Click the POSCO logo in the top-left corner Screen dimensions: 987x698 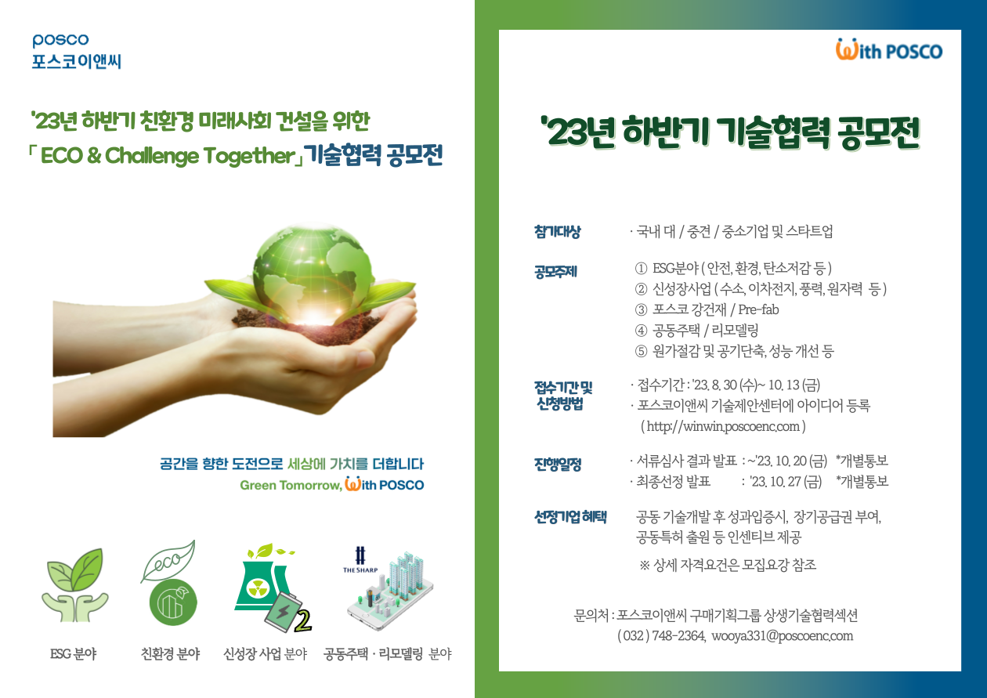pos(60,40)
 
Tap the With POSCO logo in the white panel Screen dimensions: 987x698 pos(889,50)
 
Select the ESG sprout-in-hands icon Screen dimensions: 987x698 pos(75,584)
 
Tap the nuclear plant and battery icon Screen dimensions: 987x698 pos(273,588)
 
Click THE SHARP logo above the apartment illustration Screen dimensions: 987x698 pos(360,559)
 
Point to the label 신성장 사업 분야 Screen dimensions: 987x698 pos(266,653)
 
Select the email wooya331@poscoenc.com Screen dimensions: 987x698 pos(782,636)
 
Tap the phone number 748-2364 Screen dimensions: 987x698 pos(678,636)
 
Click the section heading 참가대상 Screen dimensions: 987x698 pos(558,232)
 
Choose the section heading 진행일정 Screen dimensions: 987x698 pos(558,464)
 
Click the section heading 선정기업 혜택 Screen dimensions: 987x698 pos(570,517)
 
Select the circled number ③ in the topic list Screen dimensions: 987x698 pos(641,309)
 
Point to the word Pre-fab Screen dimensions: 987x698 pos(758,309)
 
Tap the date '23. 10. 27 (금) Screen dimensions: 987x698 pos(786,481)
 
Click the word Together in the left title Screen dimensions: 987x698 pos(249,156)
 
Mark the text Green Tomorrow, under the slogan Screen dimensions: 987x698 pos(291,485)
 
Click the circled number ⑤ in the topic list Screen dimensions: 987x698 pos(641,351)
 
